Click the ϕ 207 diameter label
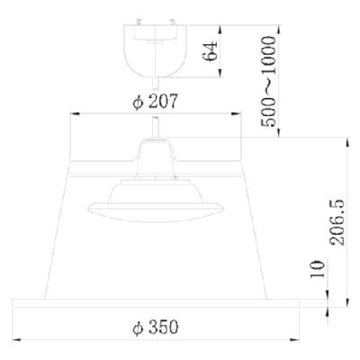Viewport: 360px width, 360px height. (x=155, y=102)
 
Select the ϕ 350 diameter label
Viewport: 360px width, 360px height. (x=156, y=327)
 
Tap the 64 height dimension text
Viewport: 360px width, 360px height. (x=210, y=51)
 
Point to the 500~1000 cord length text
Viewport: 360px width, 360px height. (x=268, y=81)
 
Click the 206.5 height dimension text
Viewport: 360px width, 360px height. (x=337, y=222)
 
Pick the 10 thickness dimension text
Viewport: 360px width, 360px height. (x=318, y=269)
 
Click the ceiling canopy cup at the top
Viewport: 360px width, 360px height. (x=156, y=50)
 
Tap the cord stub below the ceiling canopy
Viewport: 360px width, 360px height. (x=156, y=83)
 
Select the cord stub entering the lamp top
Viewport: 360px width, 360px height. (x=156, y=127)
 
